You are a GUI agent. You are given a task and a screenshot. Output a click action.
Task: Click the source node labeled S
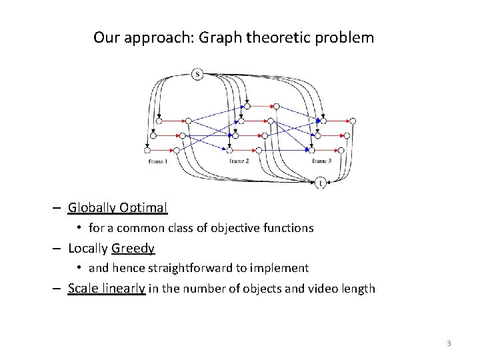coord(197,74)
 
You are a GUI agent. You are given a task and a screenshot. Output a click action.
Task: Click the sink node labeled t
coord(321,182)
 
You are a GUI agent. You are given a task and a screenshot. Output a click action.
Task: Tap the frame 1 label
coord(157,162)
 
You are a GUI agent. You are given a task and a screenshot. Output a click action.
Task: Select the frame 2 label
coord(239,162)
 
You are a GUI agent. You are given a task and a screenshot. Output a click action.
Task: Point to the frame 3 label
coord(322,162)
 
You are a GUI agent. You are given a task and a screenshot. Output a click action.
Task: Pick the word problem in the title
coord(347,37)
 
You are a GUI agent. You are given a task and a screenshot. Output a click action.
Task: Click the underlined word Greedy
coord(133,249)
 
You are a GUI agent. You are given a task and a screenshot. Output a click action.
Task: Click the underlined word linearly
coord(123,289)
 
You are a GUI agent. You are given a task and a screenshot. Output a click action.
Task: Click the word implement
coord(281,269)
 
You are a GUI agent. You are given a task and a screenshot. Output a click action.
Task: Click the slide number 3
coord(449,343)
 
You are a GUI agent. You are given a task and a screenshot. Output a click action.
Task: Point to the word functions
coord(289,228)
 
